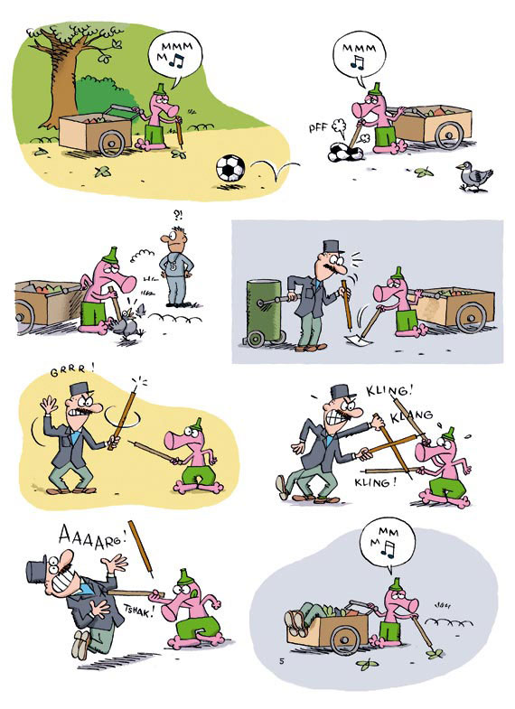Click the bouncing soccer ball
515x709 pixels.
[x=230, y=168]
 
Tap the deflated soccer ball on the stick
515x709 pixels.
[x=345, y=152]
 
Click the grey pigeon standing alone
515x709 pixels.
[x=473, y=176]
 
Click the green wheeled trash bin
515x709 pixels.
[x=266, y=313]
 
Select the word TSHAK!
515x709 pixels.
[x=138, y=611]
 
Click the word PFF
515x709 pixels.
[x=318, y=127]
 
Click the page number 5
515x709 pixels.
[x=281, y=661]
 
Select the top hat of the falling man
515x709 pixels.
[x=38, y=570]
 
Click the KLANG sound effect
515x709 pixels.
[x=412, y=415]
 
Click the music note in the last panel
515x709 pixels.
[x=387, y=549]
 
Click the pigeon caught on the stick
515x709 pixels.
[x=128, y=323]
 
